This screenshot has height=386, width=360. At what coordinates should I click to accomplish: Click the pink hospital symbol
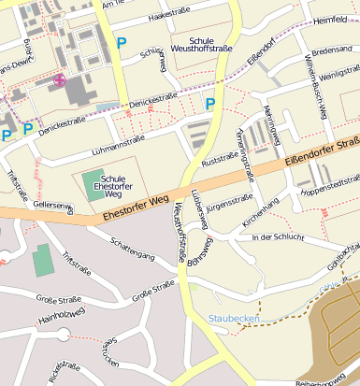pos(60,79)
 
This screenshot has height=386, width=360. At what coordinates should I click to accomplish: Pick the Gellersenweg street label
pos(52,205)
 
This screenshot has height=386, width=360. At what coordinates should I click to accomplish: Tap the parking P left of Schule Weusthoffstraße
pos(120,42)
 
